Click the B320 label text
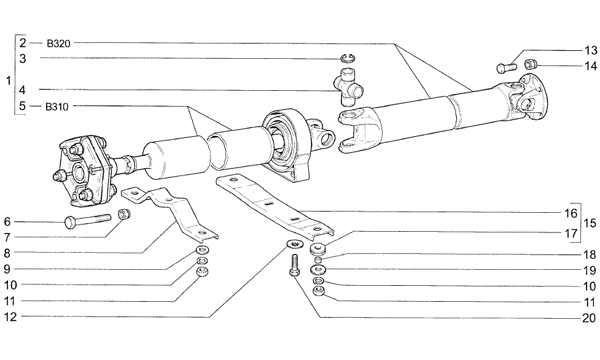pos(59,44)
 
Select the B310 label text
pos(57,107)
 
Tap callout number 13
pos(590,50)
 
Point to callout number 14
pos(591,66)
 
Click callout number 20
pos(589,318)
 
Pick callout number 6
pos(7,222)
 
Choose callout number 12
pos(11,317)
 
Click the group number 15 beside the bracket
pos(590,223)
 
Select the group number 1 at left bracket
pos(8,81)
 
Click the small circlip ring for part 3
pos(348,58)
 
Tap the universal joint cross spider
pos(348,86)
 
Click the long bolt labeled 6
pos(88,221)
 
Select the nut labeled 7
pos(124,214)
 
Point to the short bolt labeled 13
pos(506,68)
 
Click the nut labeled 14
pos(530,63)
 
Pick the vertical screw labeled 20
pos(294,264)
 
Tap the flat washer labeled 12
pos(293,243)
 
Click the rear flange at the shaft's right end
pos(533,96)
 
